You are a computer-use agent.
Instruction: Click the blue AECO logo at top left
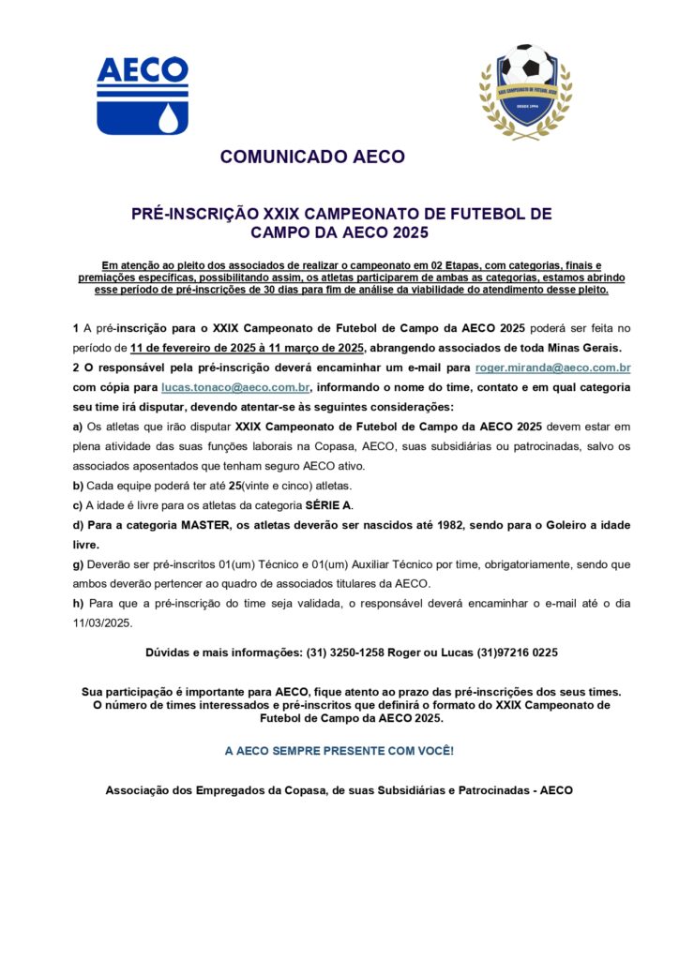coord(143,95)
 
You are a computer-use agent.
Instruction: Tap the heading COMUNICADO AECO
coord(312,157)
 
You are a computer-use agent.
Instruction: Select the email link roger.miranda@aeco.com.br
coord(552,368)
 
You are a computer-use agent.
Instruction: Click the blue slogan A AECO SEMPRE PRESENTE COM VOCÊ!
coord(339,751)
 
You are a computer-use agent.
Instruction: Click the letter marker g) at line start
coord(78,564)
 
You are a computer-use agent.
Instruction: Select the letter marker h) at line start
coord(78,603)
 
